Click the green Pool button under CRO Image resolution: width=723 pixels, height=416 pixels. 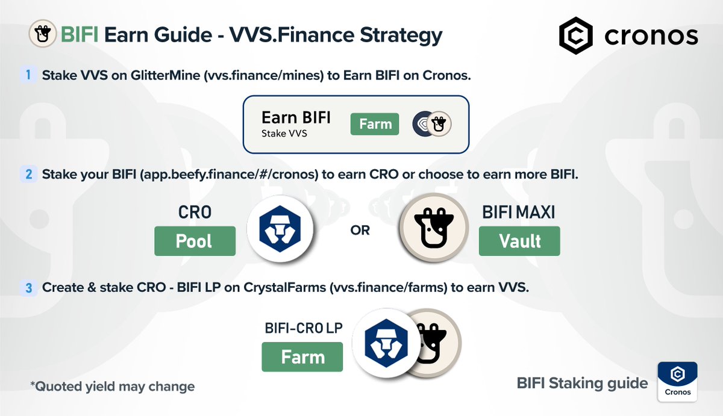pos(194,241)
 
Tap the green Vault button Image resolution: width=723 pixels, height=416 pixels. pos(519,241)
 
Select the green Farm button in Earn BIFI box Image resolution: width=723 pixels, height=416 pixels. pos(375,124)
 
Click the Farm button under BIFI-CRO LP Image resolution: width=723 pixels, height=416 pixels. pos(302,357)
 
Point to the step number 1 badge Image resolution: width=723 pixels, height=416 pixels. pos(28,75)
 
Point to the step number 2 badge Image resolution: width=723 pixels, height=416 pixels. pos(28,174)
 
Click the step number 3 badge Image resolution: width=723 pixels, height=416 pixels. pos(28,288)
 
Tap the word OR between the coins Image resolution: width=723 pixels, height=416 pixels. pos(360,231)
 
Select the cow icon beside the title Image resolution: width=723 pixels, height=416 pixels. pos(42,35)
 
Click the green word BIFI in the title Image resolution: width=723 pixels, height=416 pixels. pos(80,35)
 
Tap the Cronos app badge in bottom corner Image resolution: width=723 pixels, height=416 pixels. pos(678,380)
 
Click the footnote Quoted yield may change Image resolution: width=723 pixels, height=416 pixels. pos(112,386)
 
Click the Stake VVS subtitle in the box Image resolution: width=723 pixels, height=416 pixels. pos(284,133)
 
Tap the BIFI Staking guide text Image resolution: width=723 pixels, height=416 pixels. pos(582,383)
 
